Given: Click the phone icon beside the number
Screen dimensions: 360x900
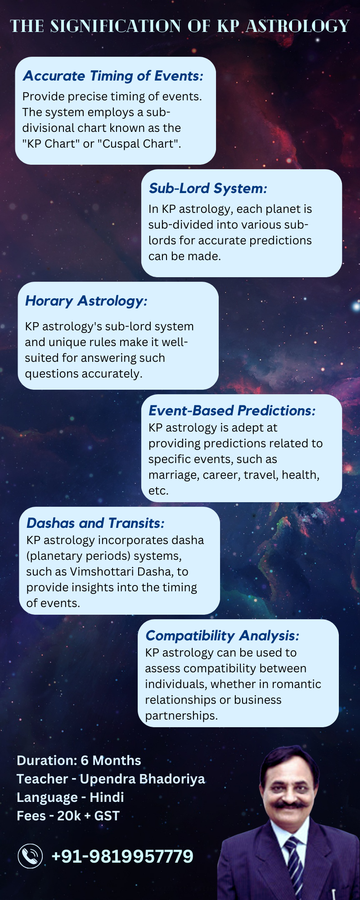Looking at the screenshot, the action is (30, 856).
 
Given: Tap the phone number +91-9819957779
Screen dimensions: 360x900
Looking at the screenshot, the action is (122, 856).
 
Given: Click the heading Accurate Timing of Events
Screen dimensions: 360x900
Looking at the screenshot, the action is (113, 76).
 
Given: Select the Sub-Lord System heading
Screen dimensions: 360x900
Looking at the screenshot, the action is (208, 189).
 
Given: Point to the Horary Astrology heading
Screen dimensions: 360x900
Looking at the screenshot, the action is (86, 301).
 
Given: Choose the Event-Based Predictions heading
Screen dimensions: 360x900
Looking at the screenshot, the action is (232, 410).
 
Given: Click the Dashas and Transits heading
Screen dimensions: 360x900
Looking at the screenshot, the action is (95, 523).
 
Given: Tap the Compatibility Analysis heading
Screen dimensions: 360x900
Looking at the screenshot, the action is (222, 636).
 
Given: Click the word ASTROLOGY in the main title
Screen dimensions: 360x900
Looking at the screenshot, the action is (297, 26).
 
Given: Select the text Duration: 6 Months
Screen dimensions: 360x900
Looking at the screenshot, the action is (79, 760).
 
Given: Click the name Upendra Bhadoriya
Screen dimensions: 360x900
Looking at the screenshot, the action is (142, 779).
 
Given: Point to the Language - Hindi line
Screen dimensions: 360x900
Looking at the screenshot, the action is (70, 797).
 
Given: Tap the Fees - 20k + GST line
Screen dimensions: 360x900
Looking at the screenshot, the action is (68, 816).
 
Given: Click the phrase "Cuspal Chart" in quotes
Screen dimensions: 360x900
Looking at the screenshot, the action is (139, 144).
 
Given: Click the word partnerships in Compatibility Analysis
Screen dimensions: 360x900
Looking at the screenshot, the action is (181, 716).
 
